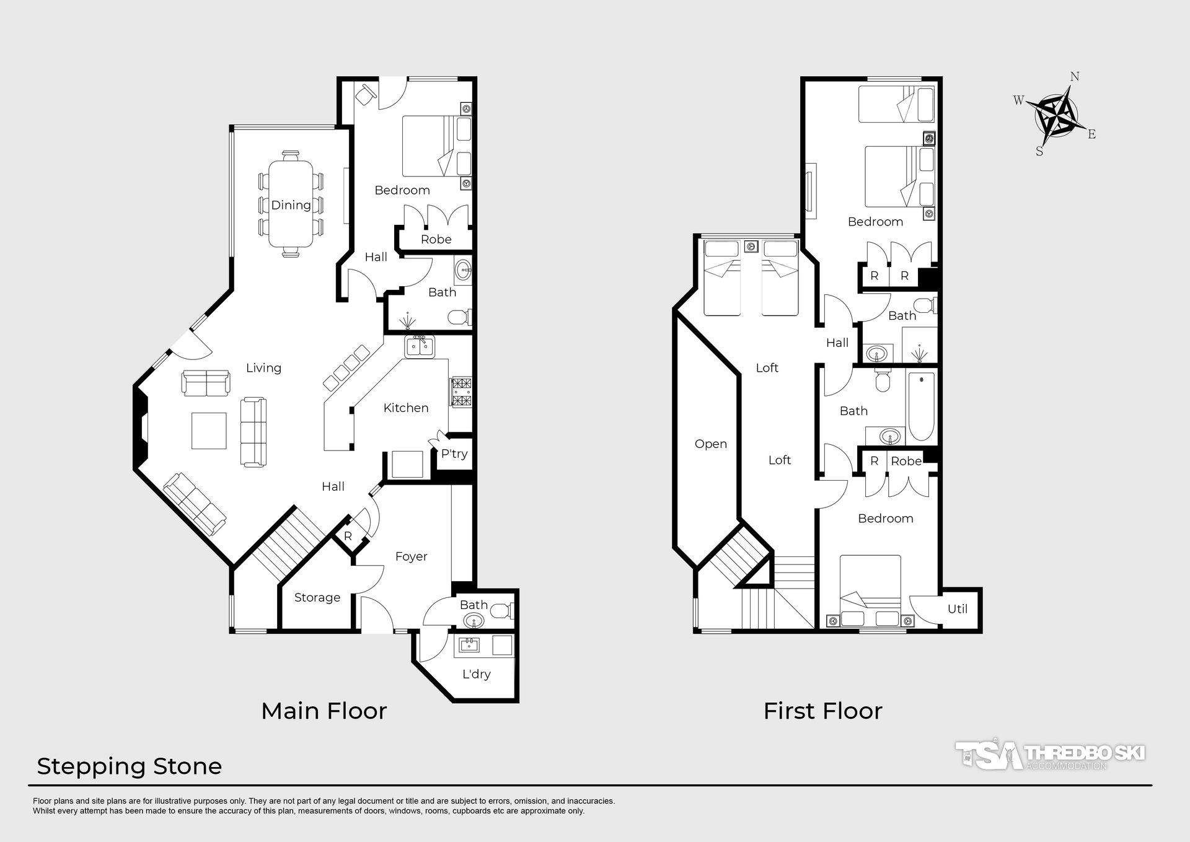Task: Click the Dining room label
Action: point(291,205)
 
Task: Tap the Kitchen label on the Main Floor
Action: point(406,408)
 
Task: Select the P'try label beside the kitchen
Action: point(454,454)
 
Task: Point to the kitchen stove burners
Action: point(462,392)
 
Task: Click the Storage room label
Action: point(317,598)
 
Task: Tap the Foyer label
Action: point(412,556)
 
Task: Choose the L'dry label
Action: point(476,674)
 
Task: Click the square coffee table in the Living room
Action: point(209,431)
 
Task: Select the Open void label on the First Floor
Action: point(711,444)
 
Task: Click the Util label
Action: point(958,608)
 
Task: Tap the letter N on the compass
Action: point(1075,77)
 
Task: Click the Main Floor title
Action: point(324,711)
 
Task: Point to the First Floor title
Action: point(823,711)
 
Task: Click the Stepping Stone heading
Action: point(130,767)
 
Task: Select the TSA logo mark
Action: point(989,754)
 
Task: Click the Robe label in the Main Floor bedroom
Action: point(436,239)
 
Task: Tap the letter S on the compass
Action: point(1039,151)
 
